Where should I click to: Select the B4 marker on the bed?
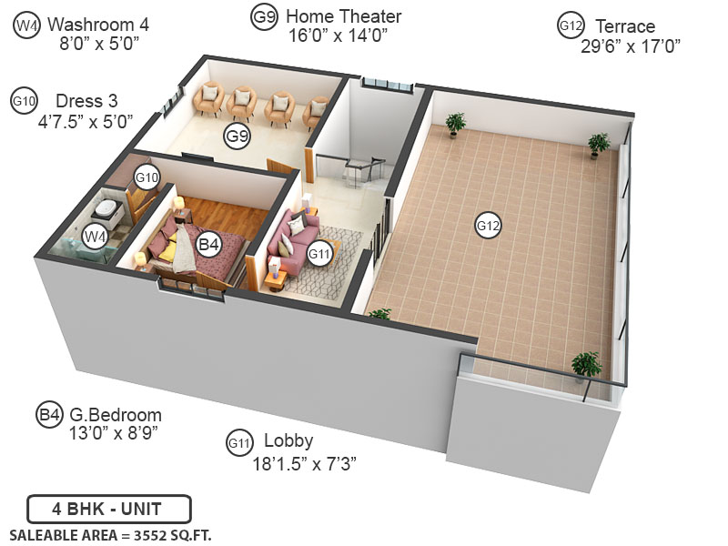click(209, 244)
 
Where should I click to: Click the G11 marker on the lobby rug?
click(319, 254)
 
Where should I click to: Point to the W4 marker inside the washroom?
click(96, 237)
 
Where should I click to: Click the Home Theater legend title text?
click(343, 16)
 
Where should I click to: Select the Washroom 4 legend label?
click(98, 24)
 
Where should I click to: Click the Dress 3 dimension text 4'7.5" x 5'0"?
click(86, 119)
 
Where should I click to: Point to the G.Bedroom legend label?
click(116, 415)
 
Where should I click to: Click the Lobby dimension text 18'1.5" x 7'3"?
click(304, 463)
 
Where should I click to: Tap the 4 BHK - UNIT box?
click(109, 508)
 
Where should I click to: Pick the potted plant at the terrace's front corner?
click(586, 366)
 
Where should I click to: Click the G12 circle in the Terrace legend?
click(571, 26)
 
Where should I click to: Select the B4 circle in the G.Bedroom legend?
click(49, 415)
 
